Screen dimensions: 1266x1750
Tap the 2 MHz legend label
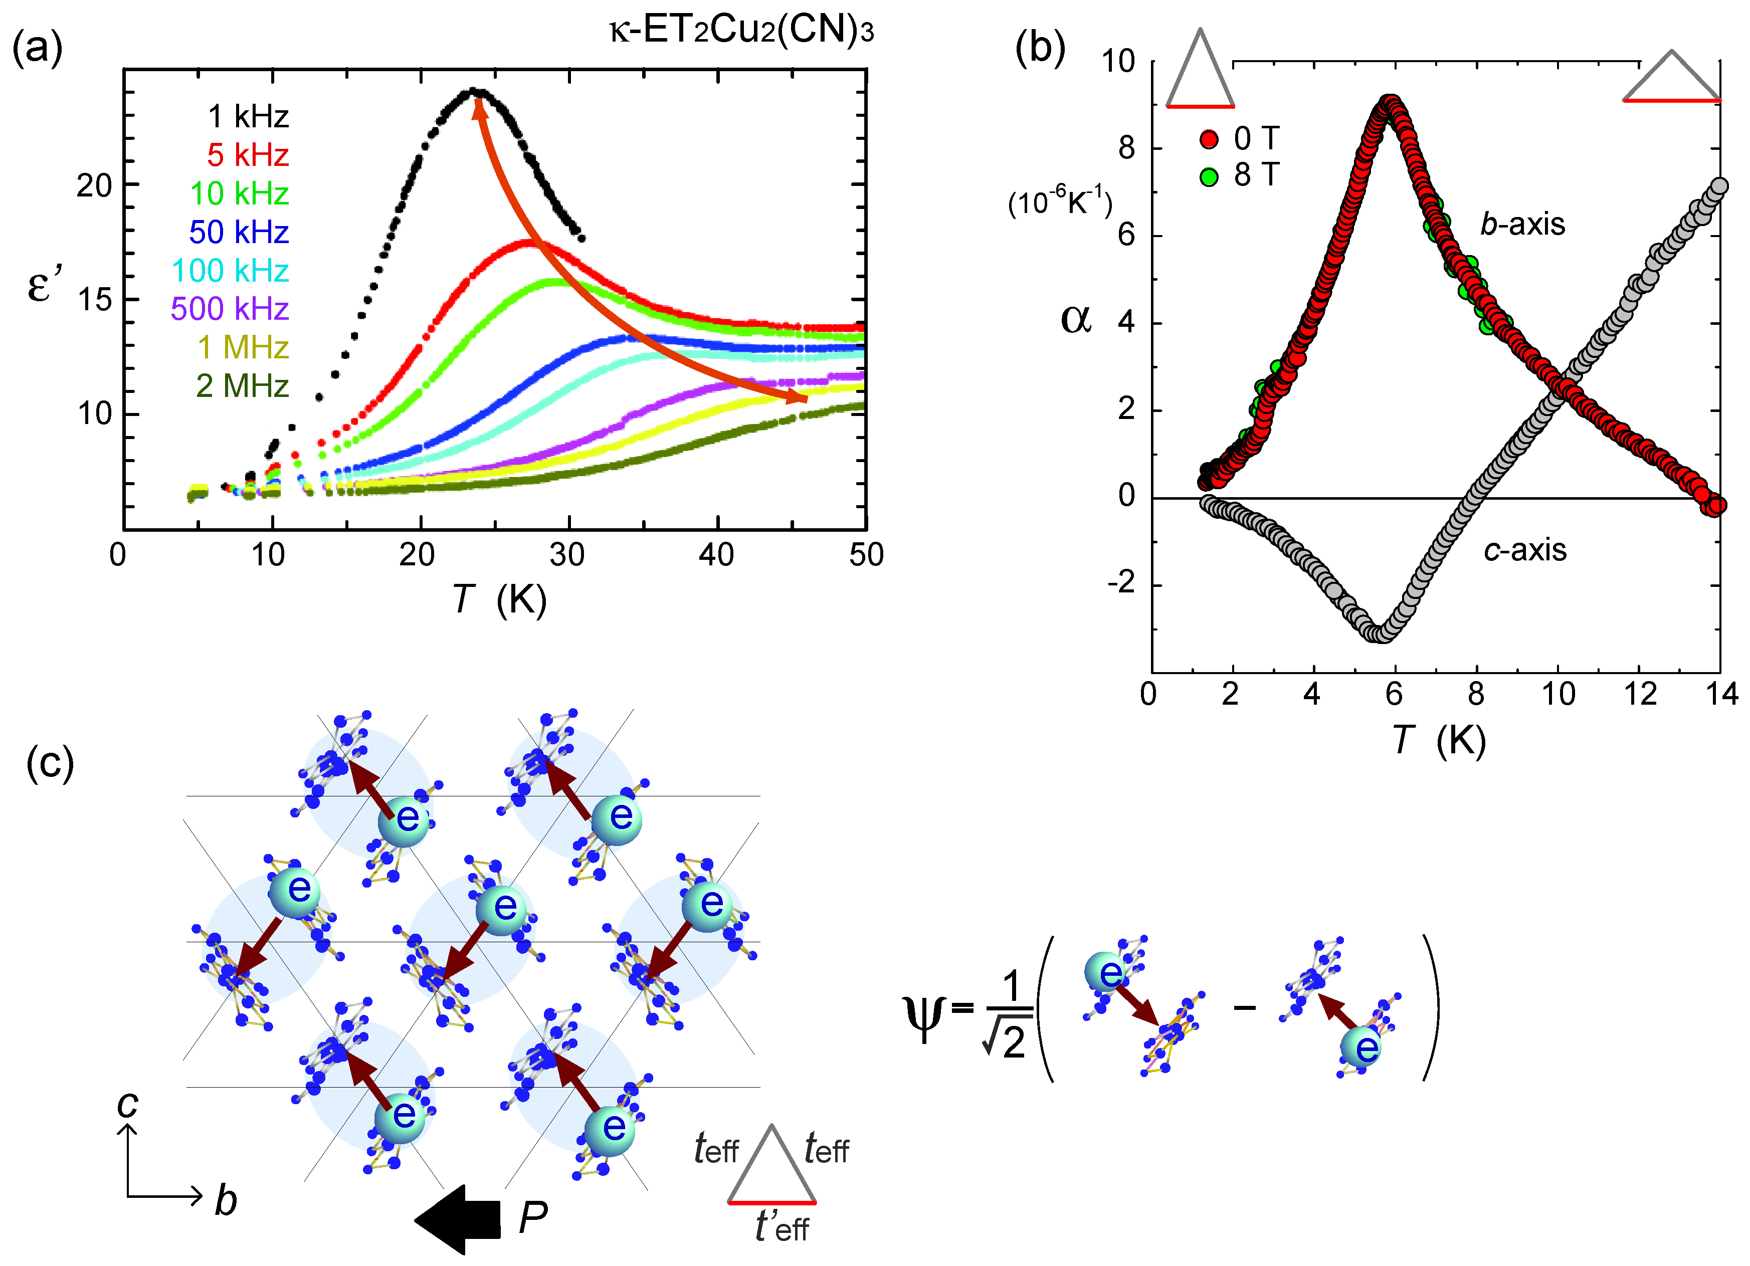pos(242,386)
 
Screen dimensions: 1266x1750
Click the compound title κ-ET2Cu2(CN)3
pos(741,31)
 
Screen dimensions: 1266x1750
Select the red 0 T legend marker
pos(1208,140)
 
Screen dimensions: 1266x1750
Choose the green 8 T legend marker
pos(1208,177)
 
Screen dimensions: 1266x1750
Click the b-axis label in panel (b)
pos(1521,224)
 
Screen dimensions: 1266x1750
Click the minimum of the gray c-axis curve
pos(1378,634)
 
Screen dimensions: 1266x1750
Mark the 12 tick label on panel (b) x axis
pos(1640,694)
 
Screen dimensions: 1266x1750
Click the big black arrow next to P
pos(458,1220)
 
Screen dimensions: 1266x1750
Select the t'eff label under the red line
pos(781,1226)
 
